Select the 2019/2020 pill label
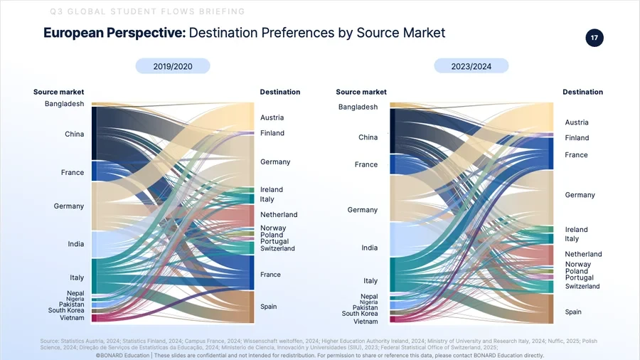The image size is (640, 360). tap(173, 66)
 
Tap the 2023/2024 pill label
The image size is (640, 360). tap(471, 66)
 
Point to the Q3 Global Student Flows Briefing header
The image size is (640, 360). tap(148, 11)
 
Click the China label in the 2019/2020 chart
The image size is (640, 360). tap(74, 134)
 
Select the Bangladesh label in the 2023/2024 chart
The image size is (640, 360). tap(358, 107)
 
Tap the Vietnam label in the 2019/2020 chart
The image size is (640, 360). tap(71, 318)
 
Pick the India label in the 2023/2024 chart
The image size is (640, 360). tap(369, 248)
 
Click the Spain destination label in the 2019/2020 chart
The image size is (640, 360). tap(268, 307)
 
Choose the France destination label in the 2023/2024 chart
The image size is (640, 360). tap(576, 154)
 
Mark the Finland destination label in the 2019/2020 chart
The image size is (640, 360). tap(272, 133)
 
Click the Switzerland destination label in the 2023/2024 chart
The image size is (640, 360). tap(582, 286)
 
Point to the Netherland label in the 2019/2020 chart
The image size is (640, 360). tap(279, 214)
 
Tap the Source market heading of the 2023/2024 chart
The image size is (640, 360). tap(361, 92)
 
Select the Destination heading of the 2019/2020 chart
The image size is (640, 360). tap(279, 92)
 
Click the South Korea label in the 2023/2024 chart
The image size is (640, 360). tap(360, 313)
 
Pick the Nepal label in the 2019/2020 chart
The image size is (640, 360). tap(75, 293)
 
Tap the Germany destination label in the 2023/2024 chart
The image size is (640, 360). tap(580, 195)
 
